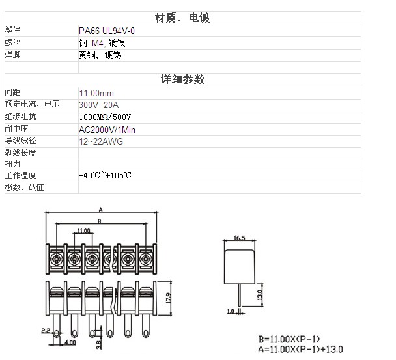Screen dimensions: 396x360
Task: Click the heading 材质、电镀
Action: click(x=182, y=18)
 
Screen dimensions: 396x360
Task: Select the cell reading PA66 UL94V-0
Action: click(x=107, y=31)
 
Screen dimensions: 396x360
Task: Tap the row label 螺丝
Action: click(x=12, y=43)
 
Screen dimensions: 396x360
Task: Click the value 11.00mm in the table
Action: click(x=96, y=93)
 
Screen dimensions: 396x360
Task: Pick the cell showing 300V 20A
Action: click(x=99, y=105)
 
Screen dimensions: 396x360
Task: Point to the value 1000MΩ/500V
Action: click(x=105, y=117)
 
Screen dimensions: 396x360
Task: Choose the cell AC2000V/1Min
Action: click(x=107, y=130)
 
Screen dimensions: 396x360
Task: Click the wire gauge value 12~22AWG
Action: click(x=101, y=141)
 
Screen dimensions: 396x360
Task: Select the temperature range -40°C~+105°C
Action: click(x=105, y=175)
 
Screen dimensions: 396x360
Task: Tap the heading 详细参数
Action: click(x=182, y=79)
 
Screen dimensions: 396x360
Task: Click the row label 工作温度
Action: click(x=20, y=176)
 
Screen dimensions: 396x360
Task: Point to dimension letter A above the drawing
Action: click(x=101, y=210)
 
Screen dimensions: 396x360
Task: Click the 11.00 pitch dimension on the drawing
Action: click(x=83, y=230)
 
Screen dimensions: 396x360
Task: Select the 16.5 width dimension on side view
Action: click(x=239, y=238)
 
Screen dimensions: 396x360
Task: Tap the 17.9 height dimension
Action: click(x=169, y=298)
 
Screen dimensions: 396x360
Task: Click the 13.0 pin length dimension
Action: click(x=260, y=295)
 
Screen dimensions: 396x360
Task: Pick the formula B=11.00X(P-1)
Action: click(x=289, y=339)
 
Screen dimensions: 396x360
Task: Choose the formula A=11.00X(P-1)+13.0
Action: click(x=300, y=349)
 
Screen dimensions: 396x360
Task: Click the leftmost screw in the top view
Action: click(x=56, y=258)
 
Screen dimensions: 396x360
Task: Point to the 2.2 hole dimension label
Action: click(x=46, y=331)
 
